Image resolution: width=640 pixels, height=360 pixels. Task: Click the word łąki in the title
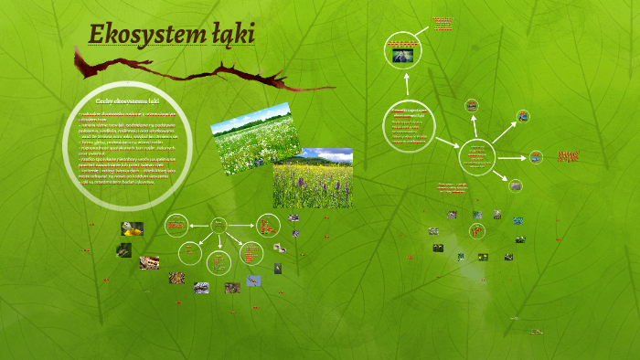tap(232, 35)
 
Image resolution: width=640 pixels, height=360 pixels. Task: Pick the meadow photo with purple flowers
tap(312, 178)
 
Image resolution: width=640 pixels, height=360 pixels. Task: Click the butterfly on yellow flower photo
tap(132, 228)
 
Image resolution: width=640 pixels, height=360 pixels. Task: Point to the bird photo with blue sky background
tap(253, 281)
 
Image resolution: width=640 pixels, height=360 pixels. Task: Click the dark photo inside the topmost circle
tap(402, 56)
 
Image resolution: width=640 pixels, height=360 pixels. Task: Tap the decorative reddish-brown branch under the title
tap(183, 73)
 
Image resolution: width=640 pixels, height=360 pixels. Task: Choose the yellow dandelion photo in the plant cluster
tap(483, 257)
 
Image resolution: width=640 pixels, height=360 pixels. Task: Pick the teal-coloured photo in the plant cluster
tap(518, 220)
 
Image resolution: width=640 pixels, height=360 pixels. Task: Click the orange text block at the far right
tap(569, 157)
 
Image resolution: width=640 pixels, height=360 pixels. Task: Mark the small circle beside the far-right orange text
tap(536, 157)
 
